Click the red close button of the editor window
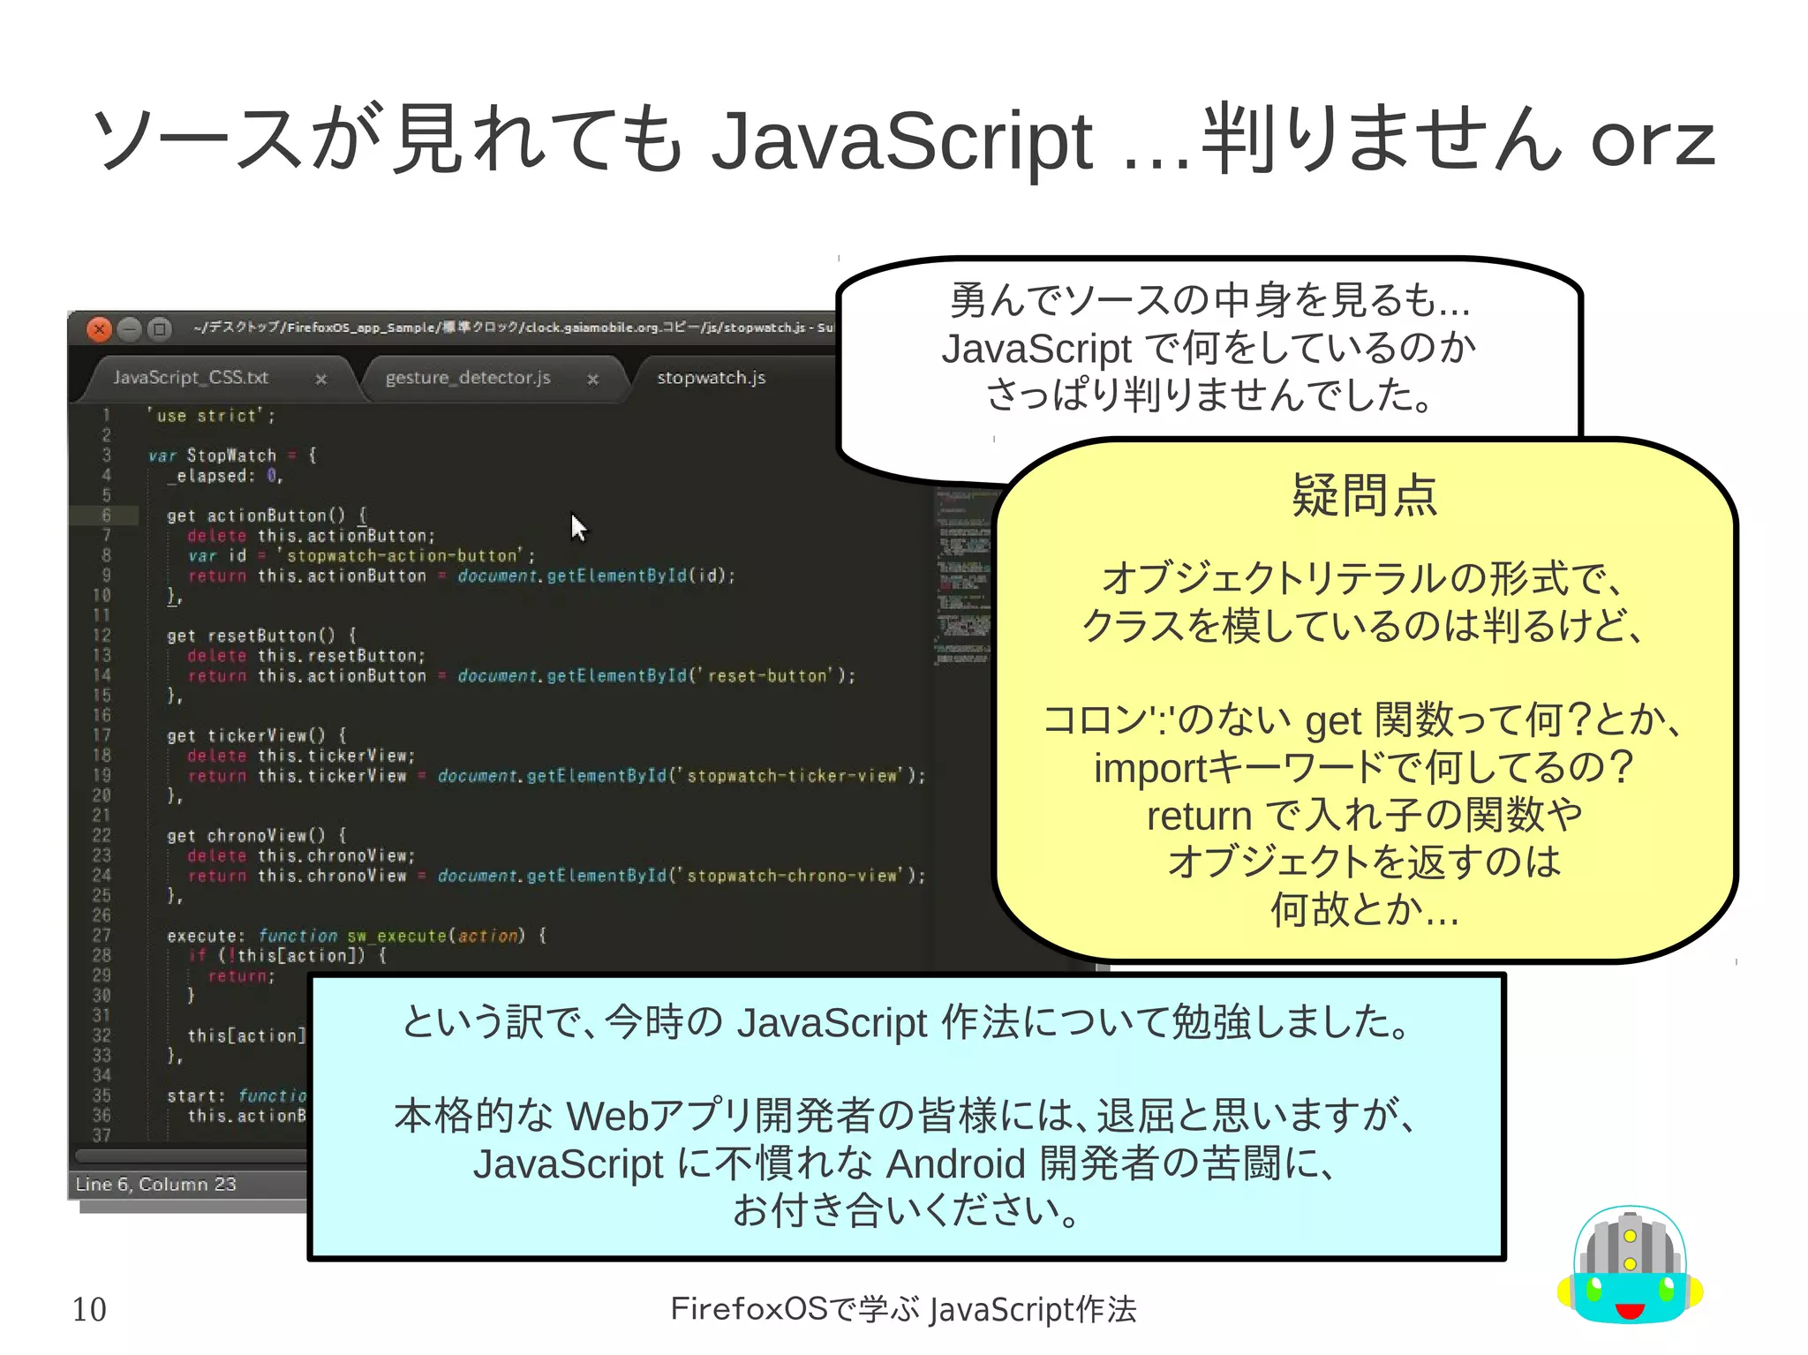click(x=99, y=329)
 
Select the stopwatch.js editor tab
click(x=711, y=378)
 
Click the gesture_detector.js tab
click(x=468, y=378)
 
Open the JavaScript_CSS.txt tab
click(x=191, y=378)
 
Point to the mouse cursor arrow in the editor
click(x=577, y=526)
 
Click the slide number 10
click(x=89, y=1309)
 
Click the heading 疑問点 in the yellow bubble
click(x=1364, y=495)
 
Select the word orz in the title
click(x=1653, y=140)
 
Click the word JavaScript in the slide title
click(x=901, y=140)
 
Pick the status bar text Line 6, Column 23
click(x=156, y=1185)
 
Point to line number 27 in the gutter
click(x=102, y=936)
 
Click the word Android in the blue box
click(x=955, y=1163)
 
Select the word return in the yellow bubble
click(x=1199, y=816)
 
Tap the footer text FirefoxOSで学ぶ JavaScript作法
click(x=903, y=1309)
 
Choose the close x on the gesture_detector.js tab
click(x=593, y=380)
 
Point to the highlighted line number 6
click(x=106, y=516)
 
